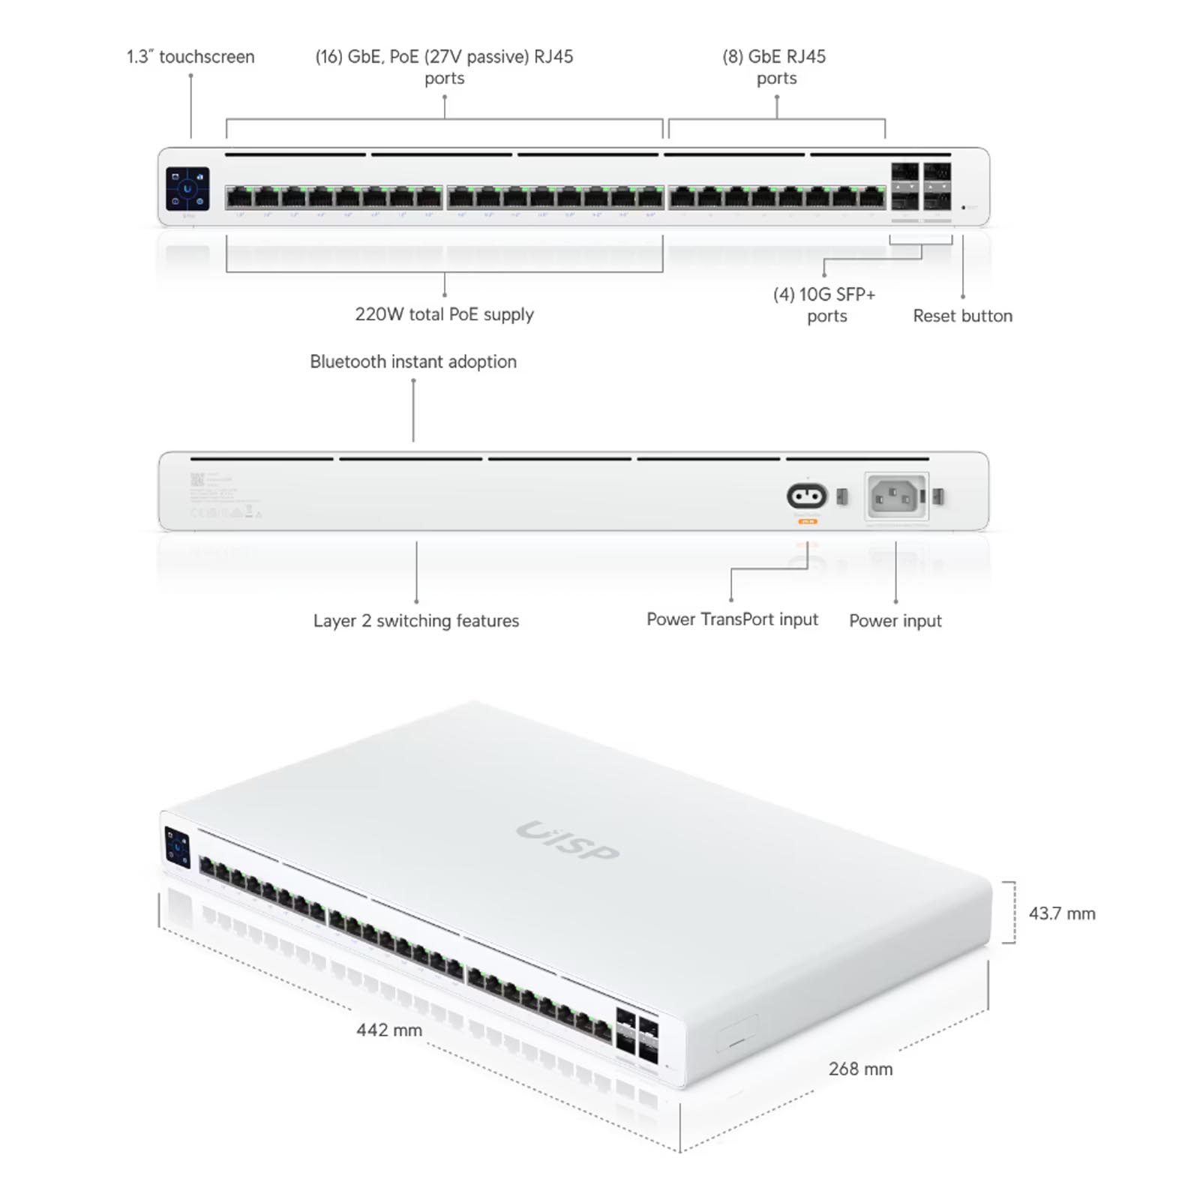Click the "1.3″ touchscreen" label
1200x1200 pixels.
point(190,57)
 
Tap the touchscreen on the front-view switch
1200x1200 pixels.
point(187,188)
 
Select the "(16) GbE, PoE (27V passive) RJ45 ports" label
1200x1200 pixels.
point(444,67)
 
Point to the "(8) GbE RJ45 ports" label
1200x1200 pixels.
point(775,67)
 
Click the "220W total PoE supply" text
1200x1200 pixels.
point(444,314)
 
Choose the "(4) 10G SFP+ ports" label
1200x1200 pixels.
point(825,304)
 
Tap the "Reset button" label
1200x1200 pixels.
point(962,316)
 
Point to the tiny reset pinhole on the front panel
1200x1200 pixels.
point(964,207)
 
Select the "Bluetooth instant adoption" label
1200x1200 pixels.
point(413,361)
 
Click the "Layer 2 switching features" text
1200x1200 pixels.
point(416,621)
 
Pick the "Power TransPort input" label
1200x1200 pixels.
point(732,619)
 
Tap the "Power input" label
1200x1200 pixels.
point(895,621)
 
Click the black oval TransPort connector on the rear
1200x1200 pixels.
point(807,496)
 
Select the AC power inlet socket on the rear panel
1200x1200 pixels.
point(896,496)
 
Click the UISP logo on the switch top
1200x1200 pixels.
point(568,841)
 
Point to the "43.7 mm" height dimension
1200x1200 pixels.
point(1061,913)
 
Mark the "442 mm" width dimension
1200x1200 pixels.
point(388,1030)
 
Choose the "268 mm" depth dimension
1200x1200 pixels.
point(860,1069)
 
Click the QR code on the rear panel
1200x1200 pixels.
point(197,479)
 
